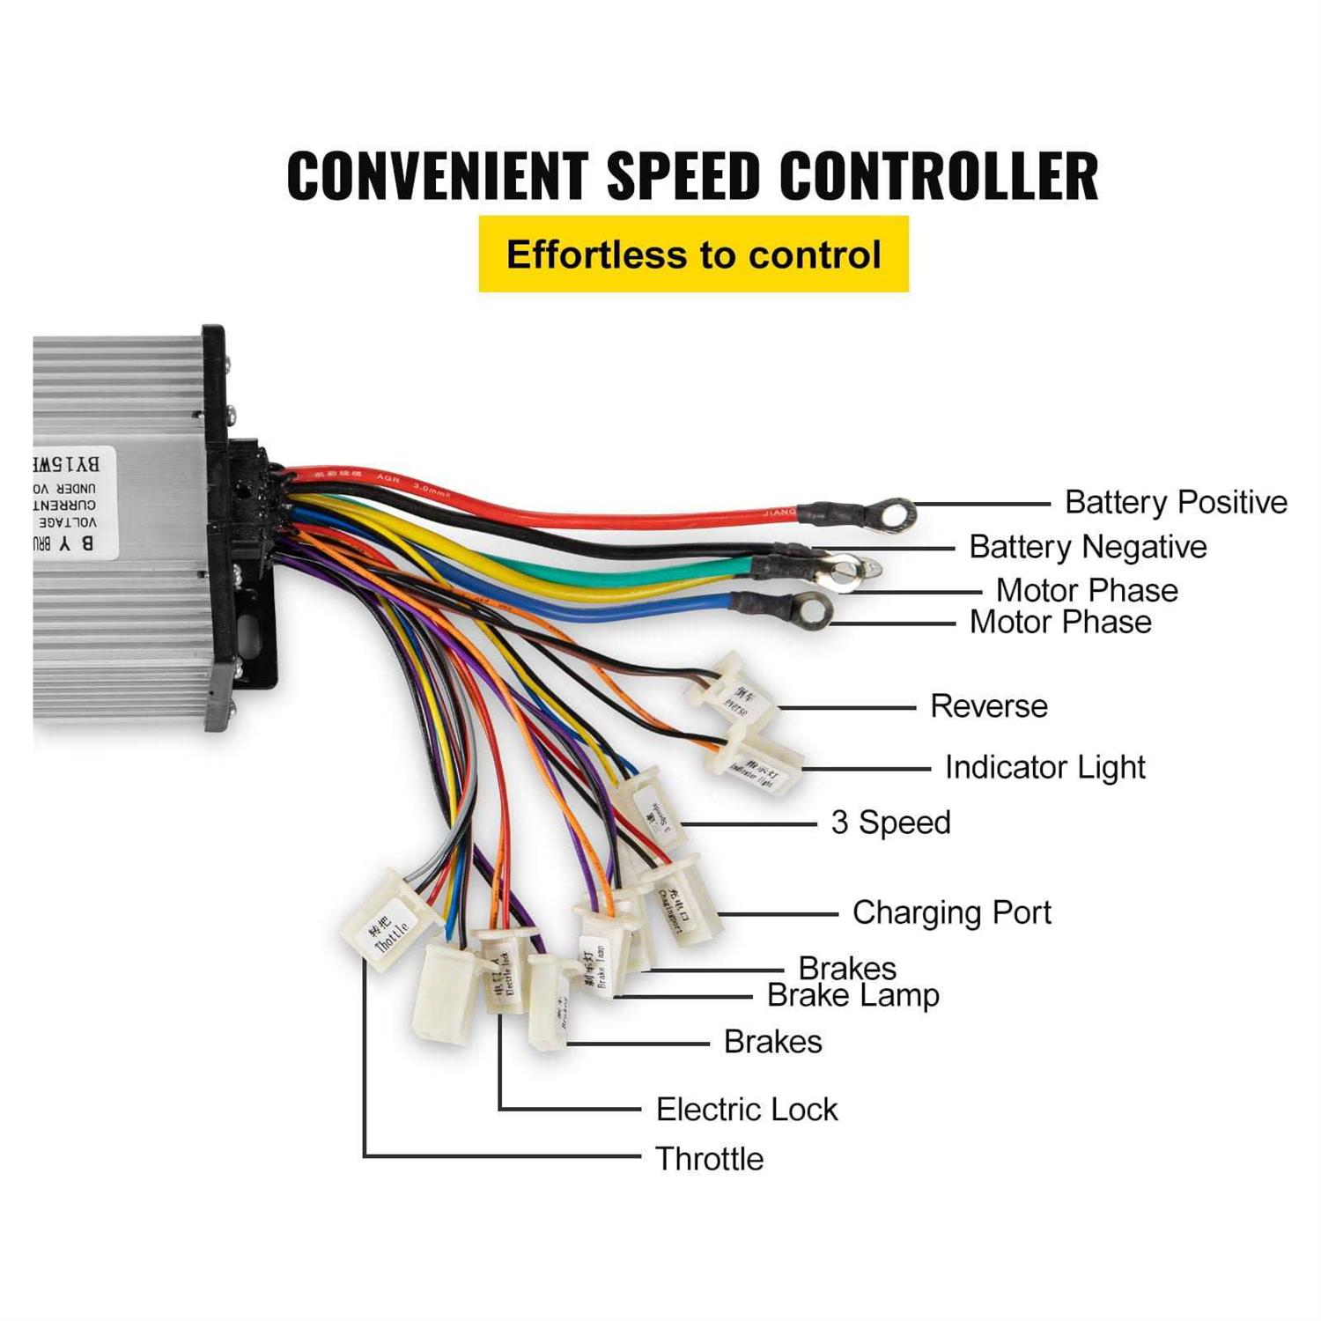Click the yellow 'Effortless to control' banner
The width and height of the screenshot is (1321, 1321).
(693, 255)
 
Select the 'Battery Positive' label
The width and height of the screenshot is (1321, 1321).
(1175, 503)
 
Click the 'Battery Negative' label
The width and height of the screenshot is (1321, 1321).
(1087, 547)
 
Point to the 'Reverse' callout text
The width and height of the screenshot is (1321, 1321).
(988, 706)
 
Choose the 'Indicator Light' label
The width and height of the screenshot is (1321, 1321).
(1044, 768)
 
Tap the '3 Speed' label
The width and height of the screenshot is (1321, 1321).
(890, 823)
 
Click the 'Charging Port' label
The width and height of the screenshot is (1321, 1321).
(951, 913)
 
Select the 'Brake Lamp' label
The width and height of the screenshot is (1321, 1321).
(852, 996)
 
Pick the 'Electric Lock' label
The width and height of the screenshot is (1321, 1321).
(746, 1110)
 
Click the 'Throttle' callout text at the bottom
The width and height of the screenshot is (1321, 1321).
(709, 1159)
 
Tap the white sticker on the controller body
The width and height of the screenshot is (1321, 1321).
(75, 502)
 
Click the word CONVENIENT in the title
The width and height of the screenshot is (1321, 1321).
(438, 175)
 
